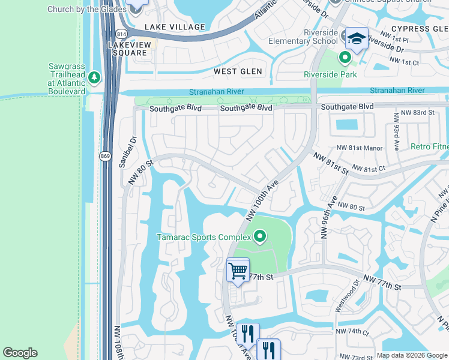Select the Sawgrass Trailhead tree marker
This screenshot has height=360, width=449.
[x=94, y=77]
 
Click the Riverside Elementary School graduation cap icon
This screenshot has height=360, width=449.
[x=357, y=38]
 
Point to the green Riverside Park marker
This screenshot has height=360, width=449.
[x=345, y=58]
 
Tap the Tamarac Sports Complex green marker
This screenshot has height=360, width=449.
[x=259, y=237]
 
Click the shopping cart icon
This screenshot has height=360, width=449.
[x=238, y=271]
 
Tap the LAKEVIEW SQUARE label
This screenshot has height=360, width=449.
[x=127, y=49]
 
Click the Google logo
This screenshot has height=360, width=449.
[x=20, y=353]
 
